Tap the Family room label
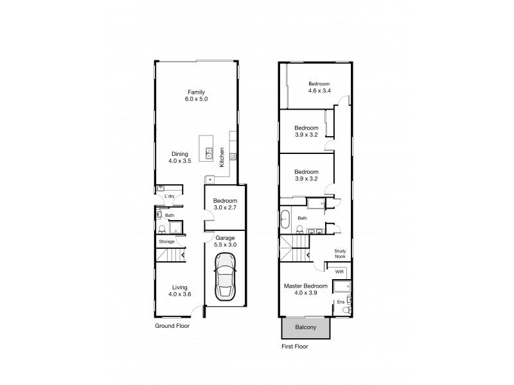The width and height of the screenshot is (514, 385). click(x=196, y=96)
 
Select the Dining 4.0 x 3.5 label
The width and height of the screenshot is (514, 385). click(x=180, y=157)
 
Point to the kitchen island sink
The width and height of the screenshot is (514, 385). click(x=209, y=153)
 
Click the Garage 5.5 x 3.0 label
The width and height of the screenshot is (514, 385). click(x=224, y=241)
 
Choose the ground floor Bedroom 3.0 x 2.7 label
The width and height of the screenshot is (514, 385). click(x=225, y=205)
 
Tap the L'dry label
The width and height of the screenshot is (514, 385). click(x=170, y=196)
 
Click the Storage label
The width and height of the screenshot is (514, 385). click(x=168, y=241)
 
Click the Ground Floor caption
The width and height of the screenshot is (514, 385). click(x=173, y=325)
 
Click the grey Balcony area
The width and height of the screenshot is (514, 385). click(x=306, y=328)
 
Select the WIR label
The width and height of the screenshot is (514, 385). click(x=340, y=272)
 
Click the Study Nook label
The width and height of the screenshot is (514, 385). click(x=341, y=254)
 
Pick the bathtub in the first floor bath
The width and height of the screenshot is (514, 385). click(x=286, y=220)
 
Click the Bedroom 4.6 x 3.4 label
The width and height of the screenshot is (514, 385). click(x=319, y=88)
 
